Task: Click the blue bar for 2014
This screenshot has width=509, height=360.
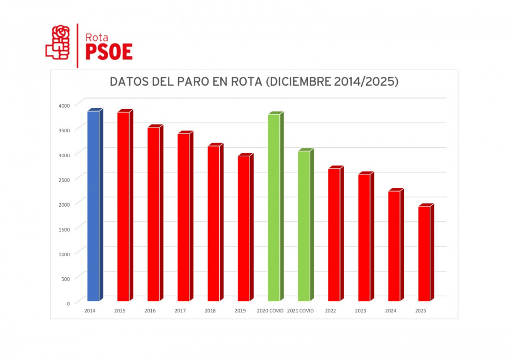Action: pos(93,206)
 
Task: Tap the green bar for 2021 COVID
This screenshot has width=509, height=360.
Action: pos(304,225)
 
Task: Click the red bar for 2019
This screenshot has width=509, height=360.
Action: pos(244,228)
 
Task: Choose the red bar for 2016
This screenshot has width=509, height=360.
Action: pos(154,214)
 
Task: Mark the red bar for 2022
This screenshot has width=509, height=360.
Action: pos(334,235)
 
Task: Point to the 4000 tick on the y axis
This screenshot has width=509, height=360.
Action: pos(65,105)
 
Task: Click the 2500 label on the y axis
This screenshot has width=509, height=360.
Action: pos(65,179)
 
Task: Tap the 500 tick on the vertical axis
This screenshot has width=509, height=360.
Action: pos(66,278)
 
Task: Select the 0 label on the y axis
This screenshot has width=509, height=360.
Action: pos(68,303)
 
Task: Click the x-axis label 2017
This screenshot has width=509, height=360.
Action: pos(180,311)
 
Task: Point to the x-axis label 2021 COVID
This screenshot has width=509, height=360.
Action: pos(301,311)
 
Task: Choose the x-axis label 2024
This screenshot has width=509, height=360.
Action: pos(391,311)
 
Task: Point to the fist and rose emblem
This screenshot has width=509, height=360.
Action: pos(58,43)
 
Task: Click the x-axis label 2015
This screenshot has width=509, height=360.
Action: pos(120,311)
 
